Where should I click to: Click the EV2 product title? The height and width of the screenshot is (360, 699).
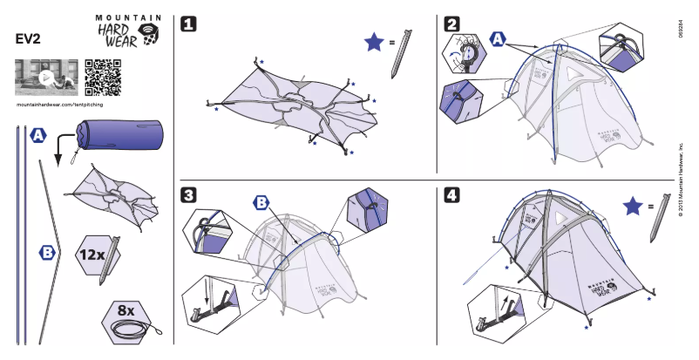(29, 38)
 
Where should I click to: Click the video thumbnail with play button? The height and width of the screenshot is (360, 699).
(46, 78)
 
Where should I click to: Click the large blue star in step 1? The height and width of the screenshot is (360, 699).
(374, 42)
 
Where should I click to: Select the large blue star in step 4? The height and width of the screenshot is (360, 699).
(635, 207)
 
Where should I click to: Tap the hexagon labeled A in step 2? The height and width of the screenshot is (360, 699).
(498, 39)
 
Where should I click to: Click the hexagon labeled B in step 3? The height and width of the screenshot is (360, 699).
(261, 203)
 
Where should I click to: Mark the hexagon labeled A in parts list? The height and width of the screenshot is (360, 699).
(38, 136)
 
